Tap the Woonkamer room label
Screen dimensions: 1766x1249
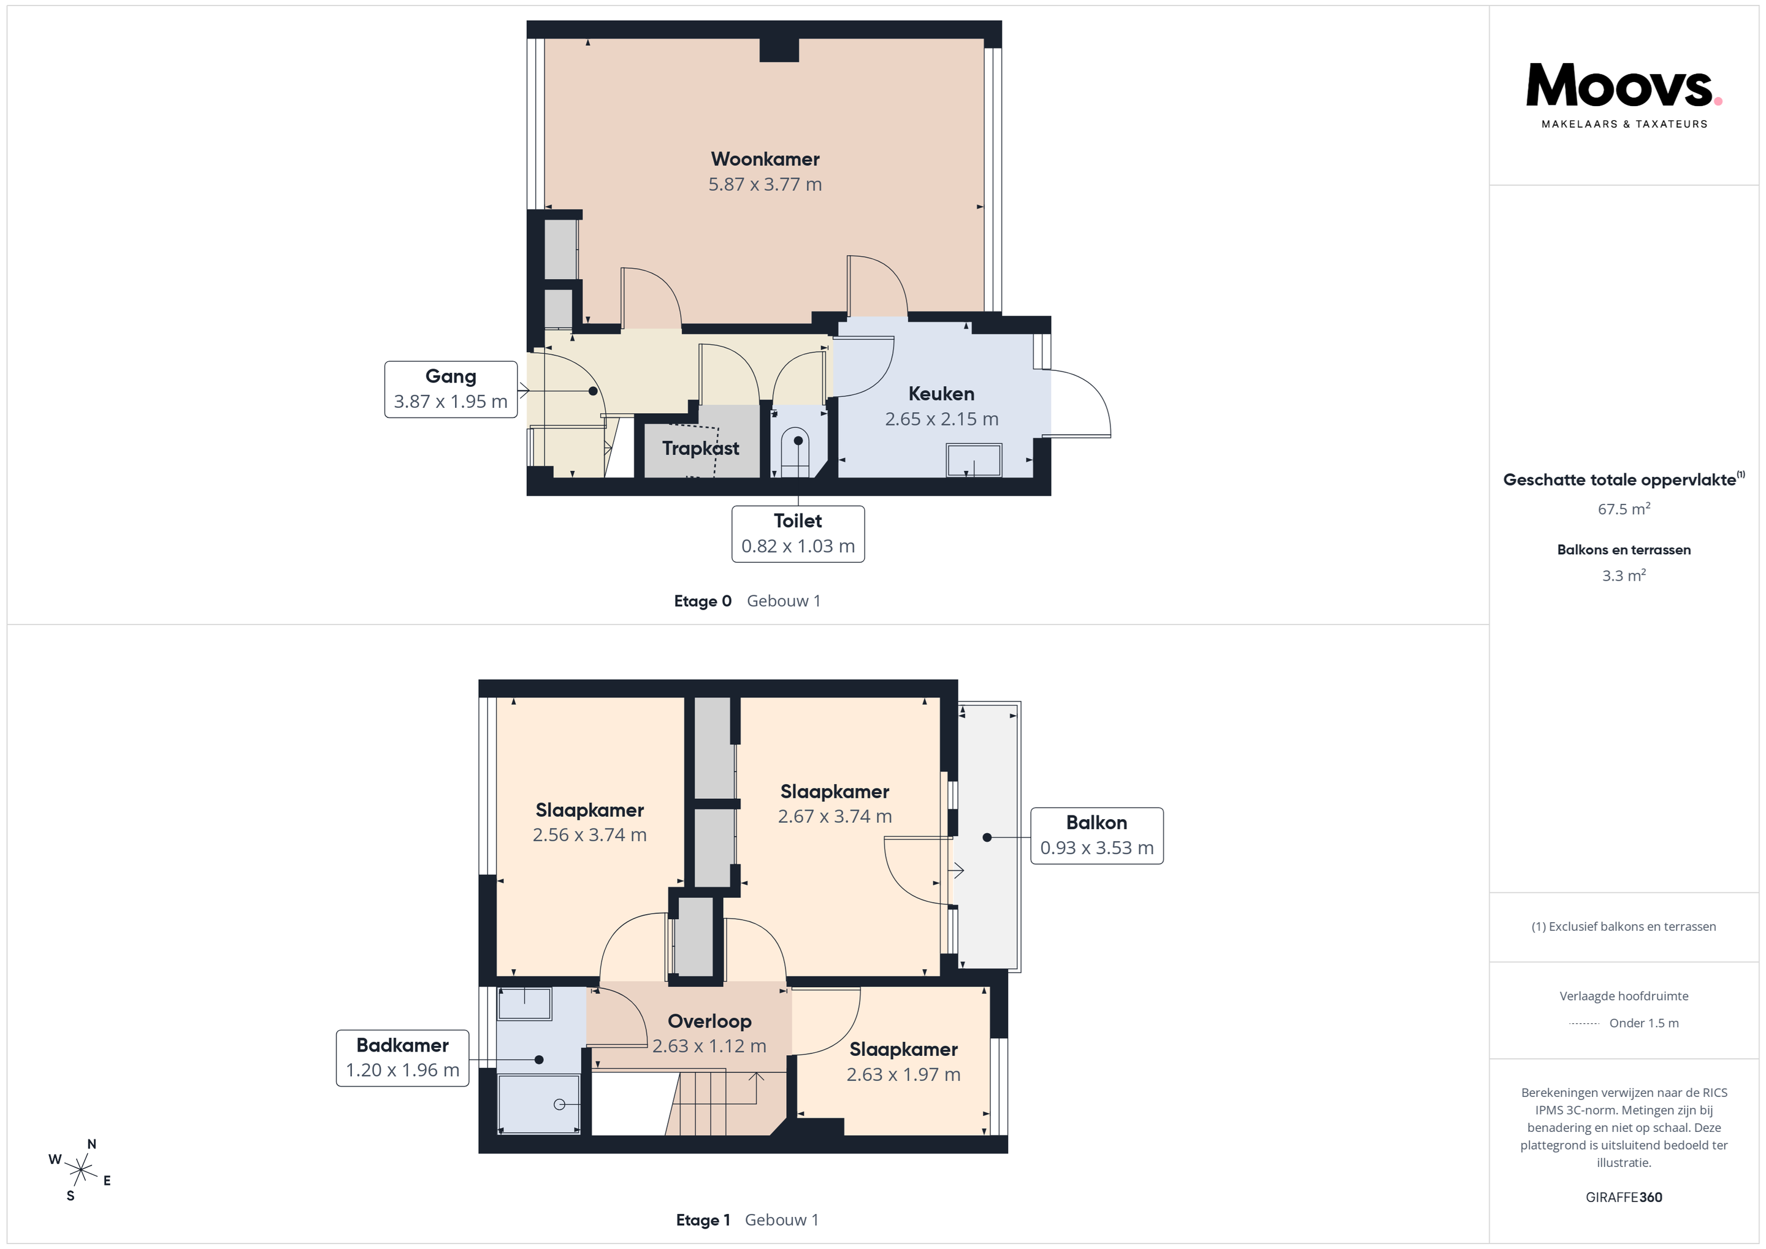tap(765, 159)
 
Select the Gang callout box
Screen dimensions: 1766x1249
tap(451, 389)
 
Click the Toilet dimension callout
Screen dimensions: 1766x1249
tap(798, 533)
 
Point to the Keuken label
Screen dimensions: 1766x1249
tap(941, 394)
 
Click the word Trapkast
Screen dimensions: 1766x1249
tap(701, 448)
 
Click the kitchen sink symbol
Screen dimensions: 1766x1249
tap(974, 460)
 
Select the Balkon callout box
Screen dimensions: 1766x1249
tap(1097, 836)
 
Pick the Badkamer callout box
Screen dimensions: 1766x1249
tap(402, 1058)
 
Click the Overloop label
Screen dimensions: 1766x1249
tap(709, 1022)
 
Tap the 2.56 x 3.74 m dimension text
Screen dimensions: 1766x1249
tap(590, 835)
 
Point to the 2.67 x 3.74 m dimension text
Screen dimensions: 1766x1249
tap(835, 817)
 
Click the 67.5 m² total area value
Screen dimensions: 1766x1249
tap(1624, 509)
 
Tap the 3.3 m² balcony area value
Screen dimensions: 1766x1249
tap(1624, 575)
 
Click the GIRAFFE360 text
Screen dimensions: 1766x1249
tap(1624, 1197)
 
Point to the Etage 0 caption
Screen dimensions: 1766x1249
tap(702, 602)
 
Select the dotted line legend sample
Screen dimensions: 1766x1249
tap(1584, 1023)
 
